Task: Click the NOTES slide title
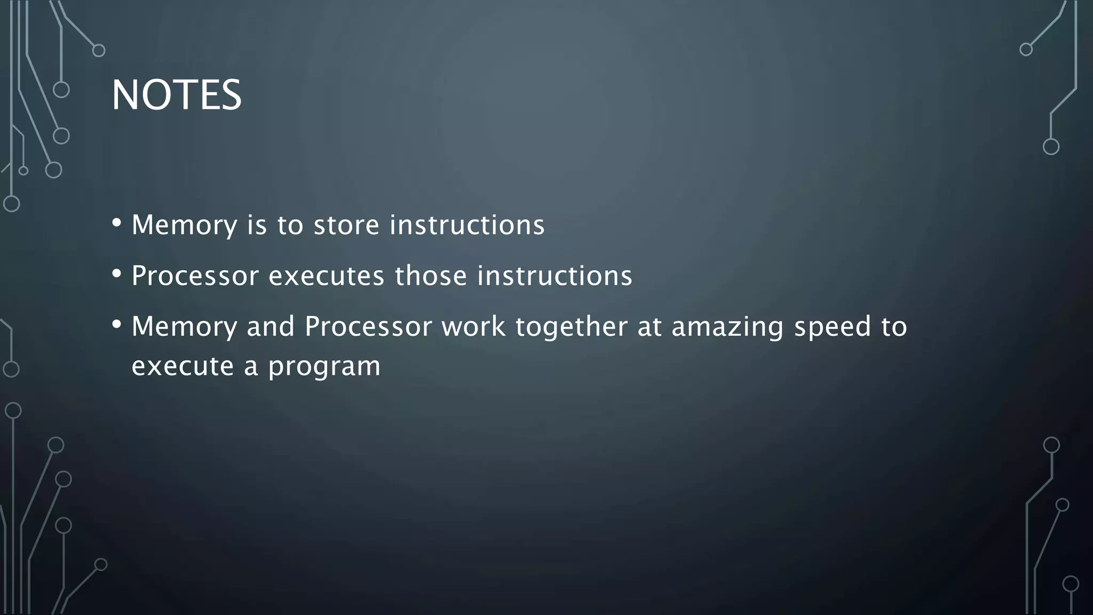click(x=177, y=95)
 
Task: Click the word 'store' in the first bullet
click(x=346, y=225)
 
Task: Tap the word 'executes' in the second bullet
click(x=326, y=276)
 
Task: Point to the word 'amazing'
click(x=727, y=327)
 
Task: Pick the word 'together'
click(x=571, y=327)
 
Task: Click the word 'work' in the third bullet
click(x=473, y=327)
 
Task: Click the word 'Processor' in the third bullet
click(x=368, y=327)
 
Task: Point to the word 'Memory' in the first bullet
click(x=184, y=225)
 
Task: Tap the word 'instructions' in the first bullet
click(x=467, y=225)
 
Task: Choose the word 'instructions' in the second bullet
click(x=555, y=276)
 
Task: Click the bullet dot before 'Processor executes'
click(x=117, y=273)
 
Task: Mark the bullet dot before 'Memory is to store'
click(x=117, y=222)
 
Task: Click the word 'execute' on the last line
click(x=183, y=366)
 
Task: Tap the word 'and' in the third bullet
click(x=271, y=327)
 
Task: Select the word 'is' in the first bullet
click(x=257, y=225)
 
